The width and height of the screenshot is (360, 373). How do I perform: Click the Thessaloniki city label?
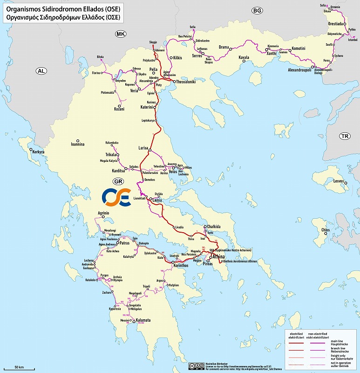click(x=185, y=82)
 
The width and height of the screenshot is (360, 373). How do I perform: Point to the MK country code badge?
click(x=122, y=34)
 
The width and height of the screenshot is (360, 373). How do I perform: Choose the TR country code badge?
click(x=345, y=136)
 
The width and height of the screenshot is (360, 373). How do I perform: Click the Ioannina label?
click(x=77, y=145)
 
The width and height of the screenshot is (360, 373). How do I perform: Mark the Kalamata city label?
click(x=143, y=321)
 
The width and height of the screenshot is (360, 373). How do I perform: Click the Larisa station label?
click(x=143, y=148)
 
